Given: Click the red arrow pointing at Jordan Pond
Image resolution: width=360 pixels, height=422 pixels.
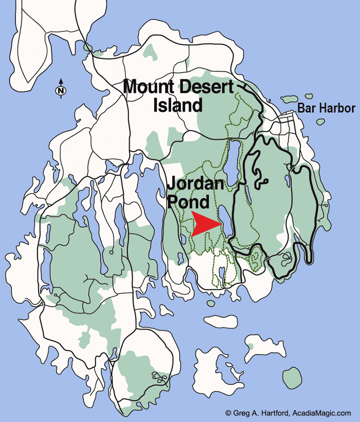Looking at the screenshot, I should point(204,225).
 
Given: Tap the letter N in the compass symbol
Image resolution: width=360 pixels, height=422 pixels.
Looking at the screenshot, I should point(60,90).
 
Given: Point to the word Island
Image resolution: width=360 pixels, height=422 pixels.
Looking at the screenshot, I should point(178,105).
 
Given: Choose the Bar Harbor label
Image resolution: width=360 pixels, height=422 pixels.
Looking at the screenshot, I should point(326,108).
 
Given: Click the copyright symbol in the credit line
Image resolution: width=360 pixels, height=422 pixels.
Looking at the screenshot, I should point(228,414).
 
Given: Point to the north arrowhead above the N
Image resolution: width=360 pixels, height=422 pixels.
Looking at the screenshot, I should point(60,81).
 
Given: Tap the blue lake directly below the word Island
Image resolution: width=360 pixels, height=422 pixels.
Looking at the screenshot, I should point(233,158).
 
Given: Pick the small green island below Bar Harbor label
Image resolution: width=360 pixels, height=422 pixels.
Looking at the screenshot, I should point(321,122).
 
